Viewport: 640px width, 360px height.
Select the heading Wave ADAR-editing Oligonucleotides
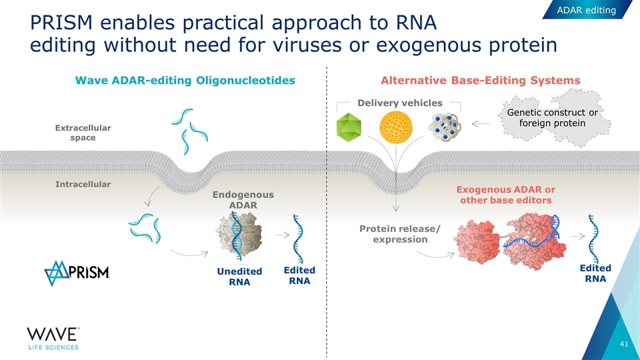[186, 81]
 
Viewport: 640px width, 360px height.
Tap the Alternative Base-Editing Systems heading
[480, 81]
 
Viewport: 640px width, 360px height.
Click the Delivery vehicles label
[400, 103]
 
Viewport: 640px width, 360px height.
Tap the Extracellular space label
[83, 133]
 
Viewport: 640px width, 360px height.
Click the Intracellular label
[83, 183]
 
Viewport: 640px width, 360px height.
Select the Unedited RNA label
[239, 277]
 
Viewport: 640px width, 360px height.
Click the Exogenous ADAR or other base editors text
[506, 195]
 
